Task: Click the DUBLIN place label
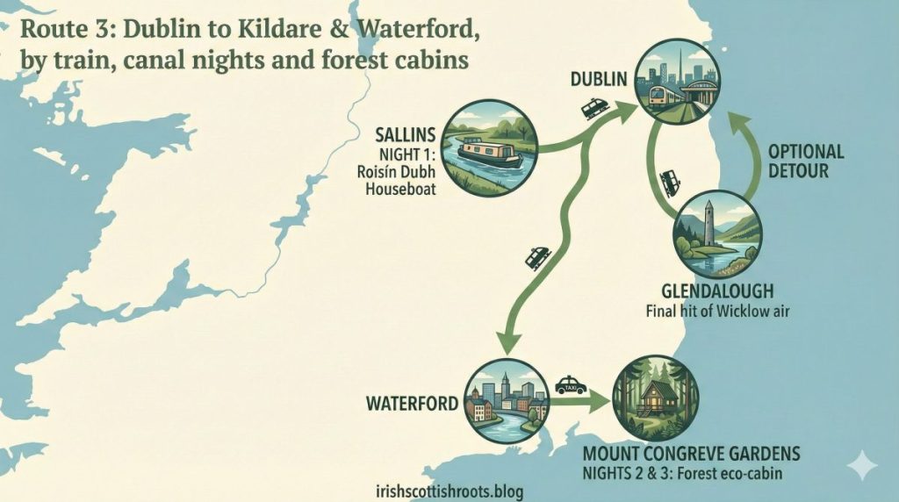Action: (x=599, y=80)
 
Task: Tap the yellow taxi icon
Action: (x=571, y=384)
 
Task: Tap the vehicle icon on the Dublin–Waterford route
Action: (x=536, y=257)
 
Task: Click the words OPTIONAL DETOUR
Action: (x=805, y=161)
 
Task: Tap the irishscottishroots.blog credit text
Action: (x=449, y=491)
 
